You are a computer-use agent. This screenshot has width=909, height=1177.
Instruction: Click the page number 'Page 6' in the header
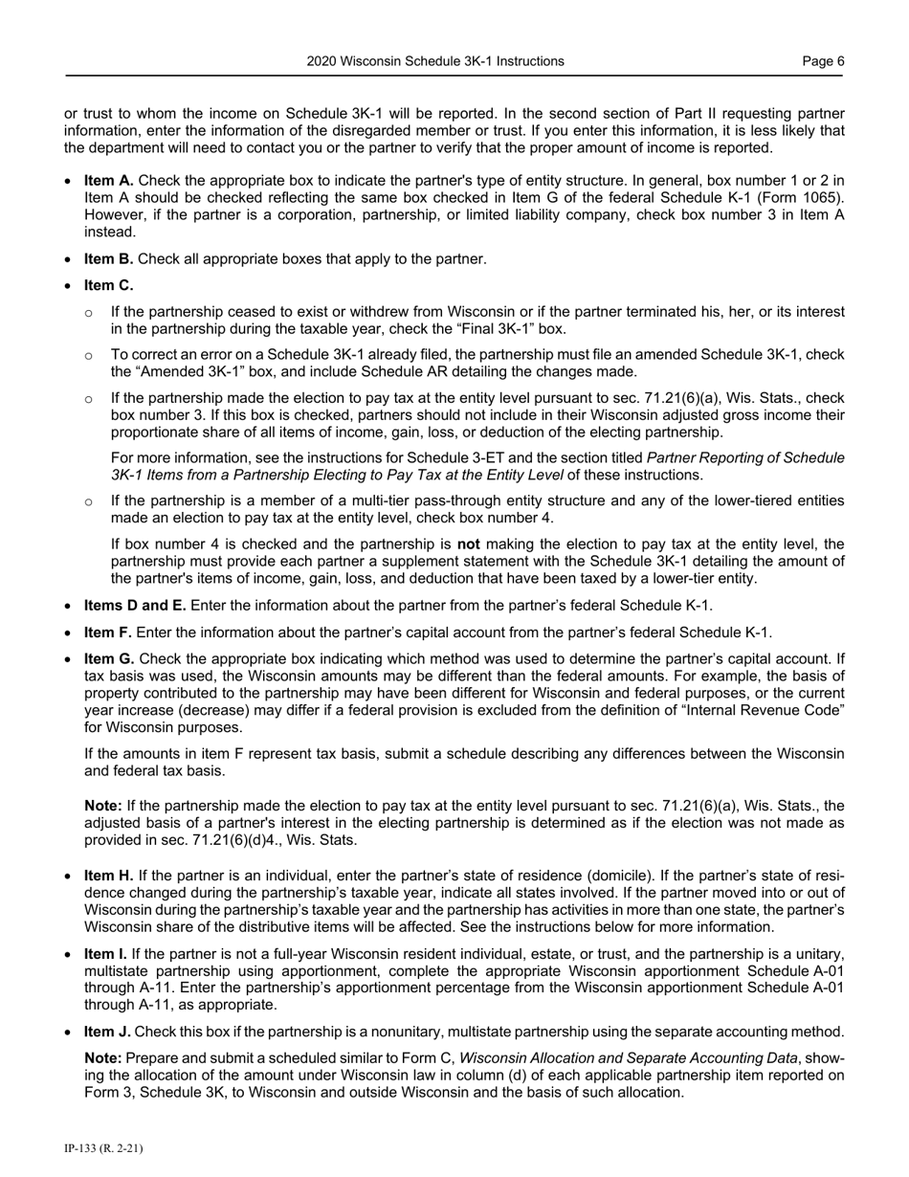(x=823, y=61)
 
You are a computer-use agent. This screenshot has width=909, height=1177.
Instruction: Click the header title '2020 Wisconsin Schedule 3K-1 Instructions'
(x=435, y=61)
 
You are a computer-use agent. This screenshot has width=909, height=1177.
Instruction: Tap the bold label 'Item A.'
(x=109, y=181)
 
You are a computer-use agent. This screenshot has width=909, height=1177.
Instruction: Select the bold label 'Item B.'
(x=109, y=258)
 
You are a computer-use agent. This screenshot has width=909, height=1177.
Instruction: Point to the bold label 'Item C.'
(x=109, y=285)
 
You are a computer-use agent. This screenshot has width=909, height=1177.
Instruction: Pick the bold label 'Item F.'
(x=109, y=632)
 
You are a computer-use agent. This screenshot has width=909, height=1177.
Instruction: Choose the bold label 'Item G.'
(x=110, y=658)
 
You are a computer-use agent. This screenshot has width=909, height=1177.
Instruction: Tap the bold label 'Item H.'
(x=110, y=876)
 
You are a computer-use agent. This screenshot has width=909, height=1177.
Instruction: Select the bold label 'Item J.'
(x=108, y=1032)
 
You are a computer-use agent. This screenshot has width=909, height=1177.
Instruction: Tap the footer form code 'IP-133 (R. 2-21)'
(x=103, y=1148)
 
